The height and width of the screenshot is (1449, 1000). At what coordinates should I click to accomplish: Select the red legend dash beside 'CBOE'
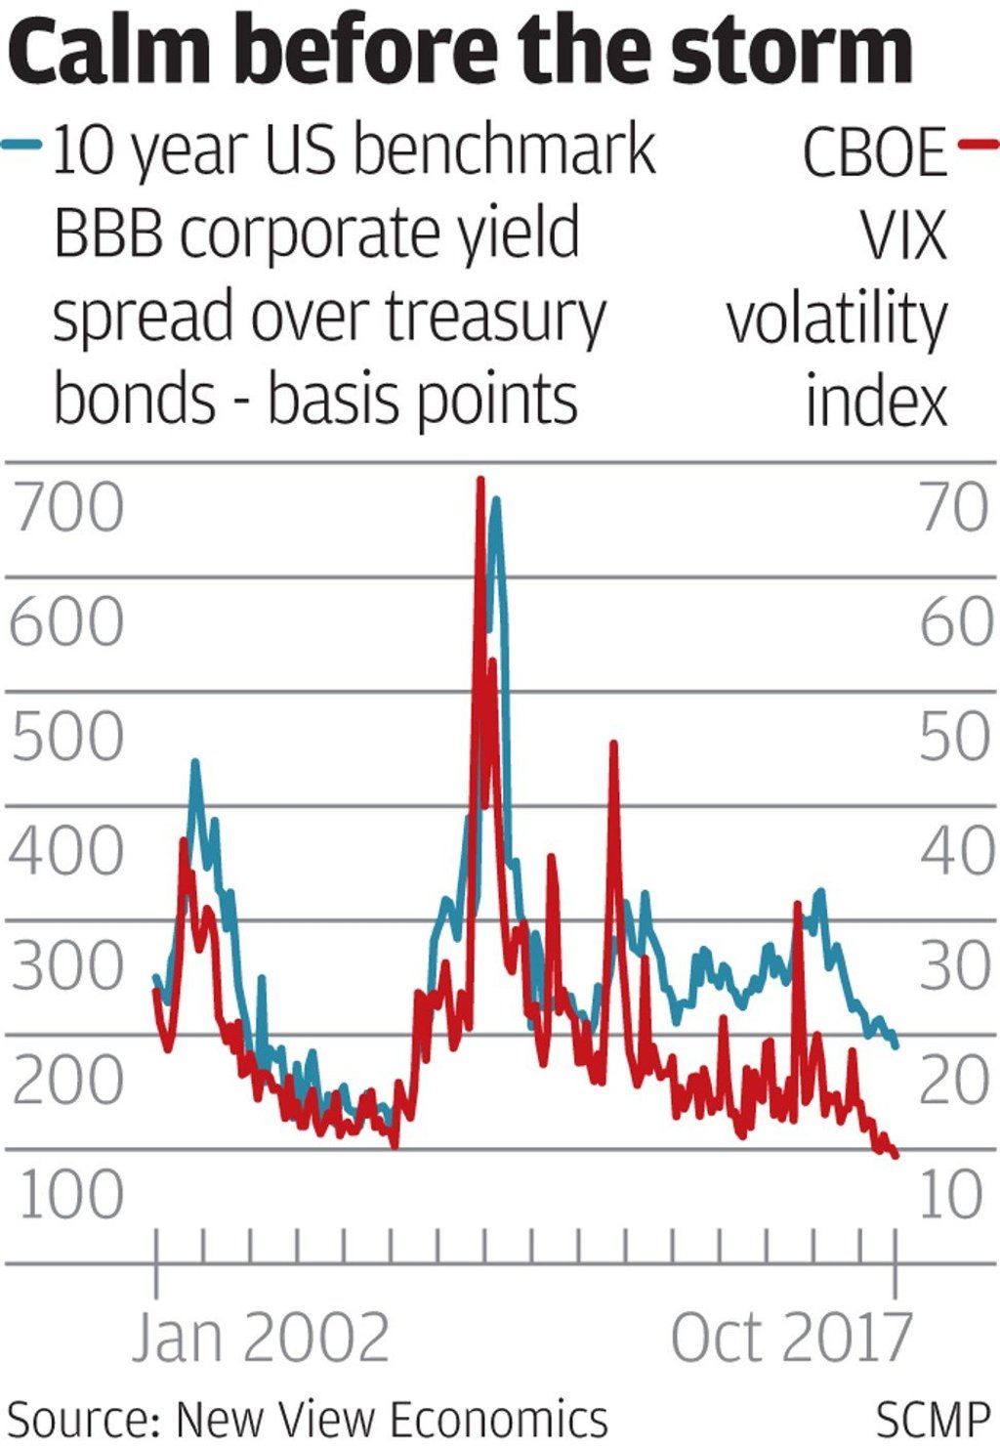(x=978, y=146)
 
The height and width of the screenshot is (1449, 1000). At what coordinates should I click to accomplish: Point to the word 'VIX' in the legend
(x=904, y=235)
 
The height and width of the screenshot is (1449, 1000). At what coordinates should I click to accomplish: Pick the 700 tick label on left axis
(x=67, y=508)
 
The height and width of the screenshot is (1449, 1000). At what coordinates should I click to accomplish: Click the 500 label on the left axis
(x=67, y=737)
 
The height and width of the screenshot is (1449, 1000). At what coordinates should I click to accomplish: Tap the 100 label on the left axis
(x=70, y=1194)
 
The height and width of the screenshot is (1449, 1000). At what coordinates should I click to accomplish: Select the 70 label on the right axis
(x=954, y=508)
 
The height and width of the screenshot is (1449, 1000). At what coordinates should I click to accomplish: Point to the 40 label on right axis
(x=957, y=851)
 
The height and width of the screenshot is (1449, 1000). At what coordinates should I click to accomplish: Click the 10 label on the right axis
(x=951, y=1194)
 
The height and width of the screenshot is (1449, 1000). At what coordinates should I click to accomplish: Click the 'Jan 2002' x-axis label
(x=261, y=1338)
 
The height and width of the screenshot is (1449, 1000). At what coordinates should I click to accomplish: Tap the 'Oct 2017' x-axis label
(x=791, y=1338)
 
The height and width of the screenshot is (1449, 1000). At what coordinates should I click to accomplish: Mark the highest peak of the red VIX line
(x=479, y=479)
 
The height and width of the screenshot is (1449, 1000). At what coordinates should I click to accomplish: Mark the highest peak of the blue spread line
(x=497, y=500)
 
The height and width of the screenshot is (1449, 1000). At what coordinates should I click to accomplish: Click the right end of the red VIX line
(x=896, y=1156)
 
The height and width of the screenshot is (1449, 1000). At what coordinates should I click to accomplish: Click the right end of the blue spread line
(x=896, y=1045)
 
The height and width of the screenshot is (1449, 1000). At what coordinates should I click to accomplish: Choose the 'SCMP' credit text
(x=933, y=1420)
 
